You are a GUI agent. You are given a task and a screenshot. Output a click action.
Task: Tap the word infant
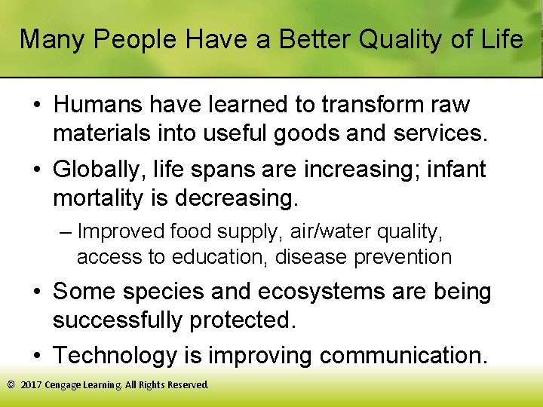click(x=453, y=170)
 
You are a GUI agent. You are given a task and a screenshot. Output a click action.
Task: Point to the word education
click(x=219, y=257)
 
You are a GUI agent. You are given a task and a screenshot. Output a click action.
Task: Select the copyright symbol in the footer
click(x=11, y=385)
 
